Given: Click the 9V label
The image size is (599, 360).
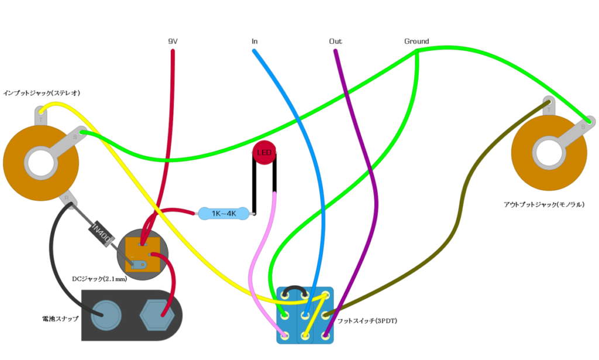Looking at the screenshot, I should [x=173, y=42].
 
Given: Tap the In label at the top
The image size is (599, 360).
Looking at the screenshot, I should [x=254, y=42].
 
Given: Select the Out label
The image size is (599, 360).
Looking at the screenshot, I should [x=335, y=42].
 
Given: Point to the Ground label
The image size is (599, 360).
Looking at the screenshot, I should [x=416, y=42].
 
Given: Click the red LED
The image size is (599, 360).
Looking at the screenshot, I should [x=264, y=153].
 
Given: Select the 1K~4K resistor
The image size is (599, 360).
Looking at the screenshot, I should [x=223, y=214].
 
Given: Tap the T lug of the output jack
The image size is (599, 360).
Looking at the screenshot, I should [x=549, y=105].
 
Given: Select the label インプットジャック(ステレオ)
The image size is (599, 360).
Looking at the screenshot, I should [x=42, y=92].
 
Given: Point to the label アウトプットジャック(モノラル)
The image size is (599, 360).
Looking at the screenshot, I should [x=544, y=204].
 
